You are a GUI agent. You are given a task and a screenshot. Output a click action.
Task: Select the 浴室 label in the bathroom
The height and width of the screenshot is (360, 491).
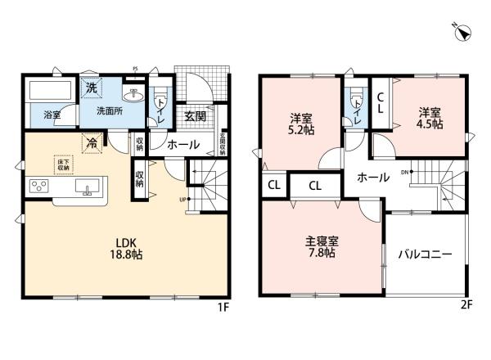click(x=52, y=115)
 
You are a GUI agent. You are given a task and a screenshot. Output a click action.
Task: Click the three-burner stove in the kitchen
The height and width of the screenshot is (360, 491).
click(x=38, y=186)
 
